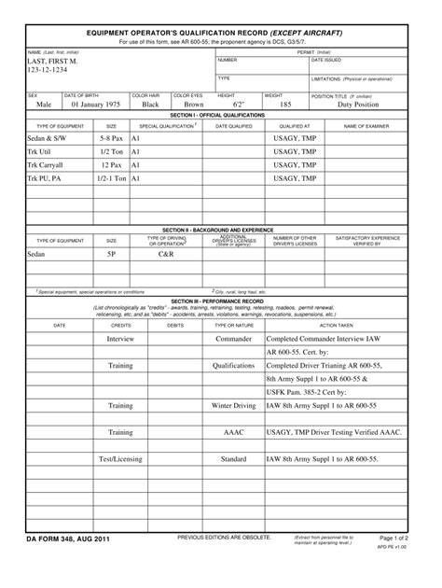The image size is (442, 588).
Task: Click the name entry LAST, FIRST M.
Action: coord(54,61)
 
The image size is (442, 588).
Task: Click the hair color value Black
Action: coord(150,105)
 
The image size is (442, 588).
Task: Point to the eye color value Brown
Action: coord(193,105)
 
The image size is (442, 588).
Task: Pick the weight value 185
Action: coord(285,105)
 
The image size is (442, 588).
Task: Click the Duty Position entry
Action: coord(358,105)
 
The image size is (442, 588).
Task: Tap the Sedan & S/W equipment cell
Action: coord(48,137)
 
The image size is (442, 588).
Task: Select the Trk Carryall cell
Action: coord(46,164)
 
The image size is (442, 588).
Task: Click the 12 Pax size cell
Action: coord(112,164)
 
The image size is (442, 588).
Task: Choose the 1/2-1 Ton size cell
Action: coord(112,177)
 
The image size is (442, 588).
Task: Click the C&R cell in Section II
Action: coord(166,253)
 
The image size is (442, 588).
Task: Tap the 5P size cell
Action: coord(112,253)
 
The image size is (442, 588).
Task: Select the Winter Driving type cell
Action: coord(233,406)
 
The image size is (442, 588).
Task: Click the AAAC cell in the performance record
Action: coord(233,433)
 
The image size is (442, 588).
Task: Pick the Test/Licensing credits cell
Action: coord(120,459)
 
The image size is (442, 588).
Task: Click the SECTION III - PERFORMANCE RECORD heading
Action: coord(220,301)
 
